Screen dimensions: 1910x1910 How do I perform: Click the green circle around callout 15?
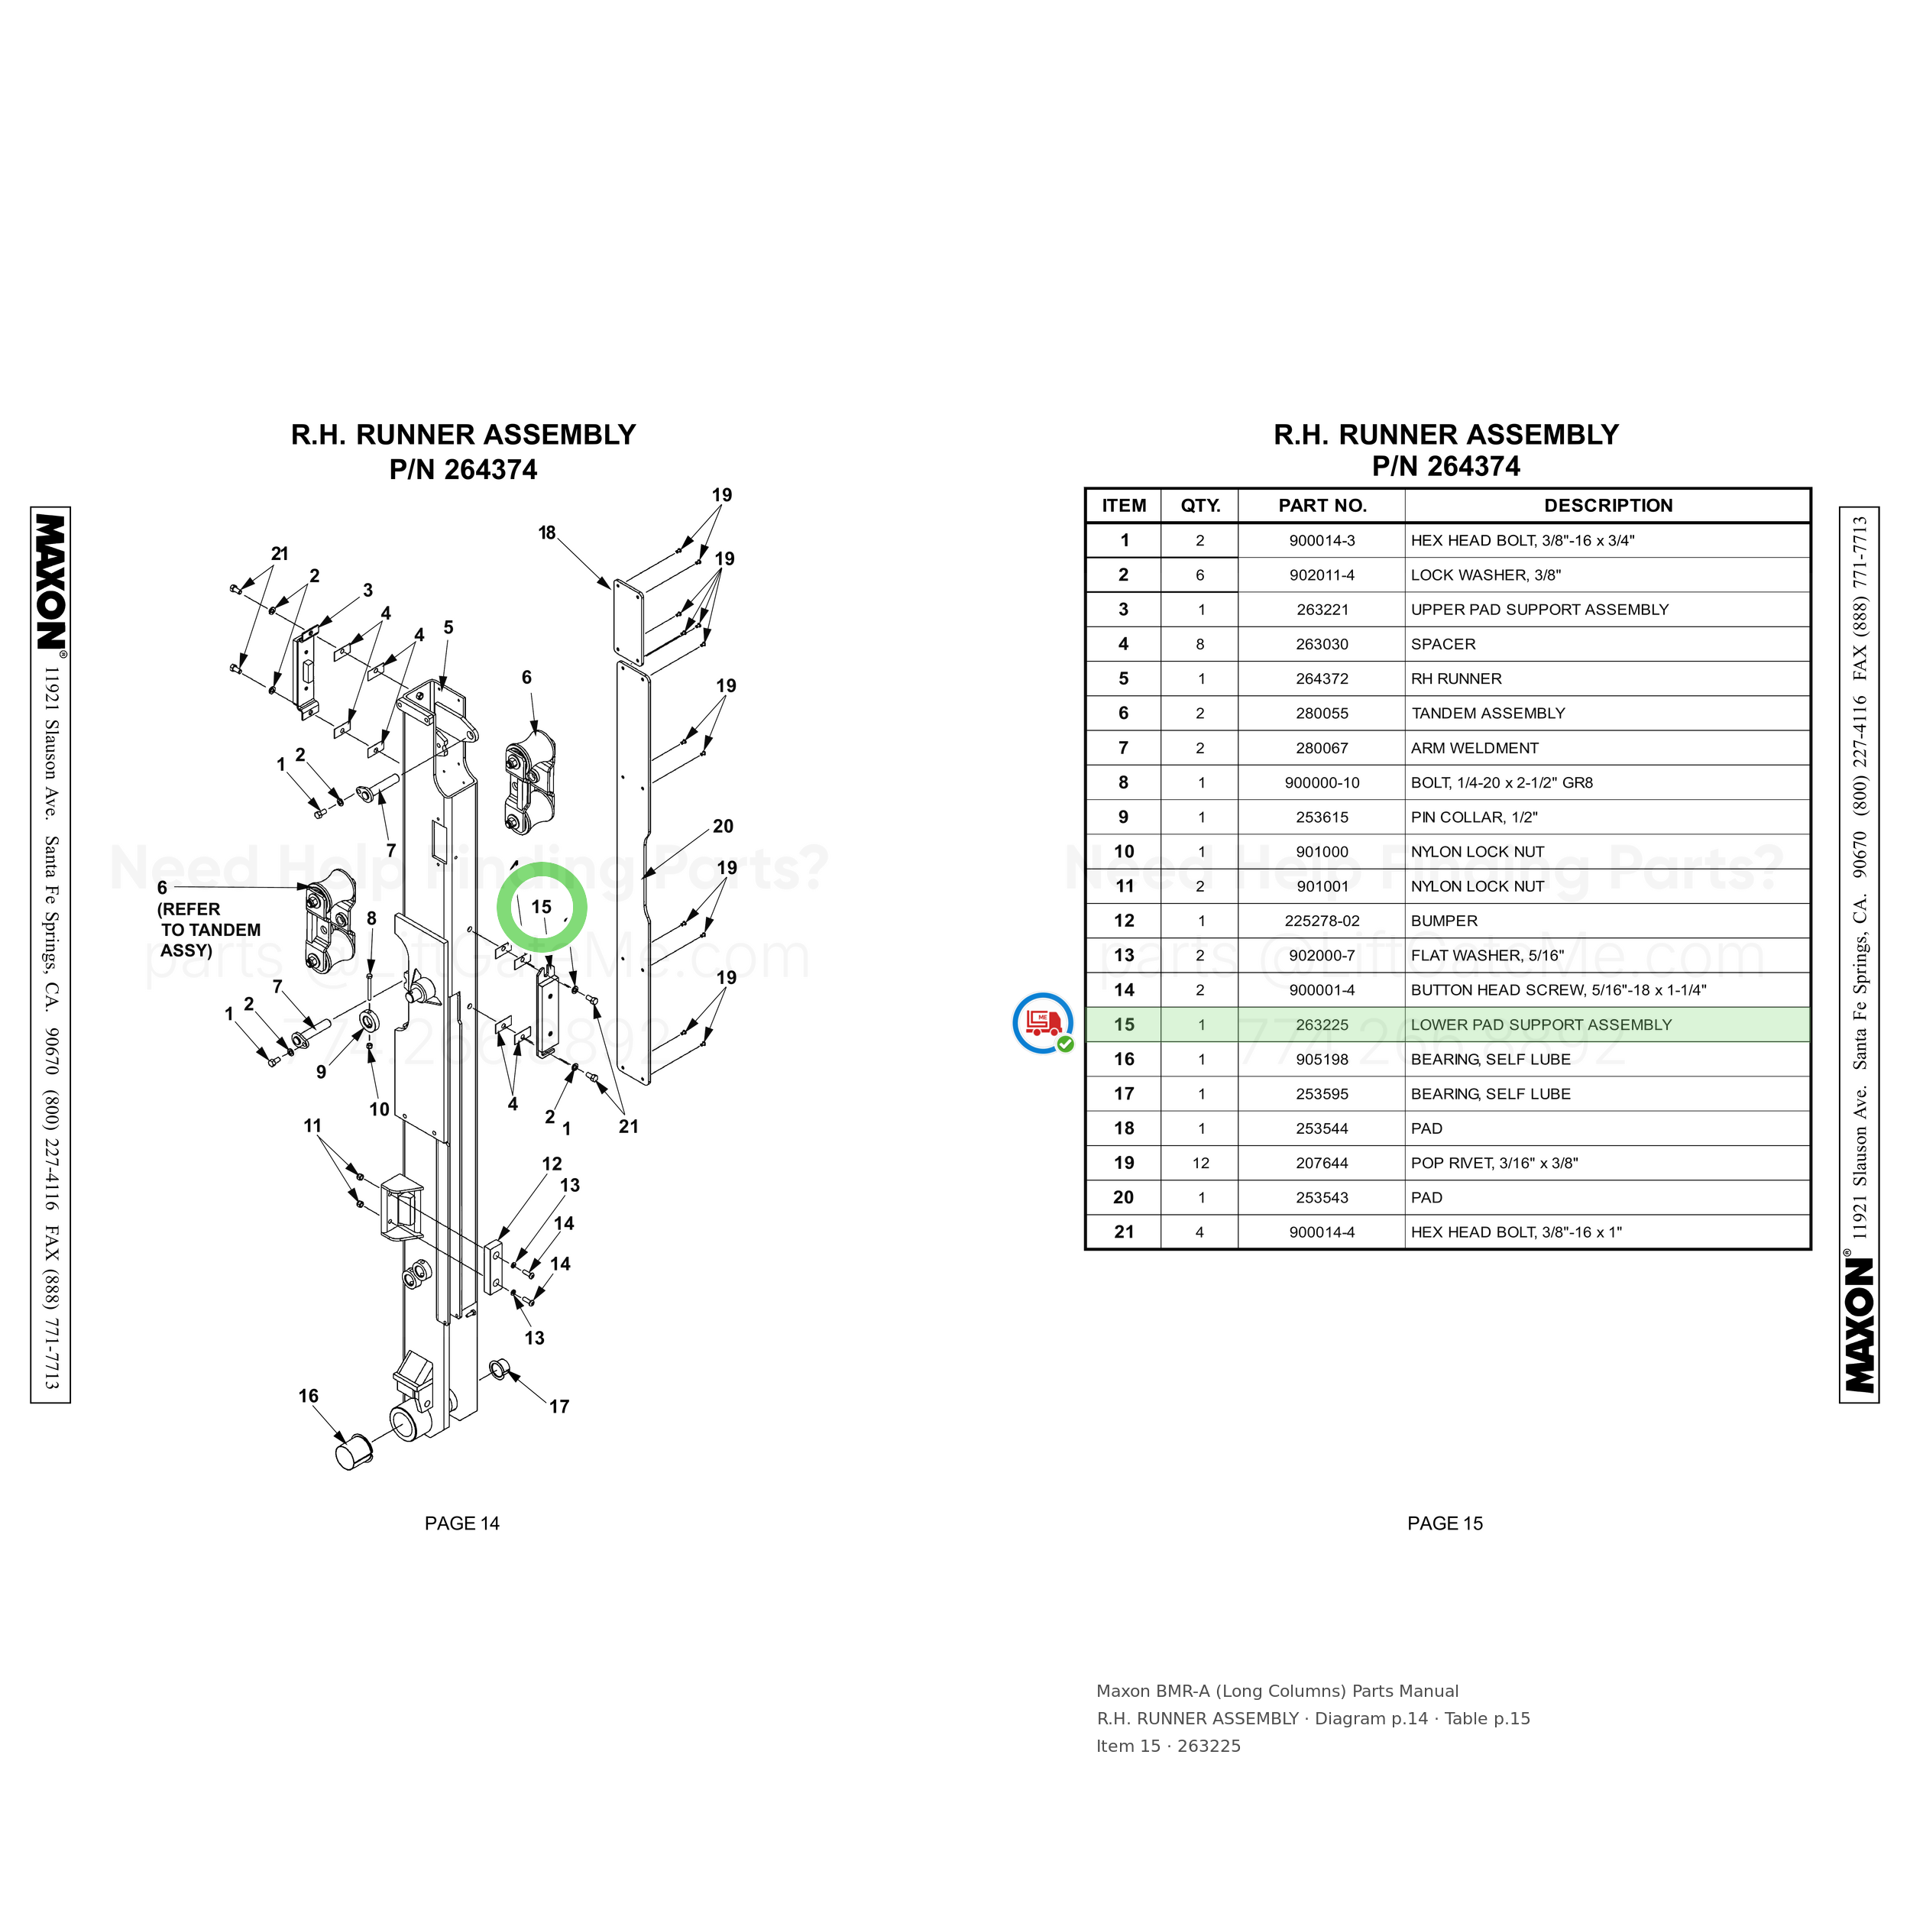click(542, 863)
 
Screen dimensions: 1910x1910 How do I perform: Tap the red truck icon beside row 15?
click(1043, 1022)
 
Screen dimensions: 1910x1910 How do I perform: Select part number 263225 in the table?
click(1322, 1025)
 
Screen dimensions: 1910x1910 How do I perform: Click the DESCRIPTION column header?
click(1607, 505)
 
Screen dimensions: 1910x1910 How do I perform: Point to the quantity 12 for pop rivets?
click(1200, 1163)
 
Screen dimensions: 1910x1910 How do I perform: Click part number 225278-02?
click(1322, 921)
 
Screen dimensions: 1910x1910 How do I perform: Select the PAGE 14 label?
click(461, 1523)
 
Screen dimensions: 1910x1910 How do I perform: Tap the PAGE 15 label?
click(1445, 1523)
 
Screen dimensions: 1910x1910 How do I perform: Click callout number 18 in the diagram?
click(547, 533)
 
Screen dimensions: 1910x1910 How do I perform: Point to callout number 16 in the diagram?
click(309, 1396)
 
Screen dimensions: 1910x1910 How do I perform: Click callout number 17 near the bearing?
click(559, 1406)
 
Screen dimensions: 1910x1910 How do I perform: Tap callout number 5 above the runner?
click(448, 628)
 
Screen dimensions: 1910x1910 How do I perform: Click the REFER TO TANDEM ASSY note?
click(209, 929)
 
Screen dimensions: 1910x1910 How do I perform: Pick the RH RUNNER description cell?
click(1455, 678)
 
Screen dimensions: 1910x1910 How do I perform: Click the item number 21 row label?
click(1123, 1232)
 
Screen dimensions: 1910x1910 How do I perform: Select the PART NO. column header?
click(1322, 505)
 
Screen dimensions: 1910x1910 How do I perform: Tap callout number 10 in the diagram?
click(379, 1109)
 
